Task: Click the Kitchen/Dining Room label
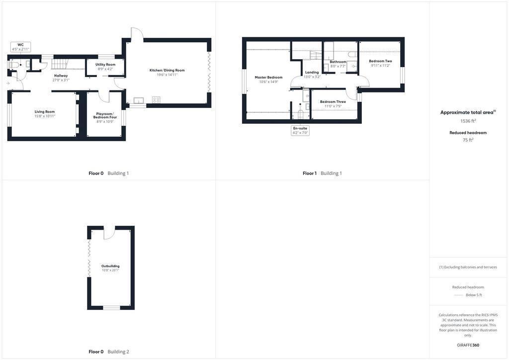[167, 70]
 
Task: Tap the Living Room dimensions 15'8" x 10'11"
[45, 116]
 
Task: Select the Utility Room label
[105, 65]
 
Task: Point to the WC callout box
[20, 47]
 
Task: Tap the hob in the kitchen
[156, 100]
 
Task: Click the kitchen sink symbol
[139, 100]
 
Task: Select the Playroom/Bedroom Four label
[105, 115]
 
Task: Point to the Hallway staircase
[60, 64]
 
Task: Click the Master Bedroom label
[268, 78]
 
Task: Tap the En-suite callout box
[300, 130]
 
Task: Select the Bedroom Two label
[380, 61]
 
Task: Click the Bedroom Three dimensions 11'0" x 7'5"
[333, 106]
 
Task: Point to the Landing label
[312, 73]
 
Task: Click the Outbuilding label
[110, 266]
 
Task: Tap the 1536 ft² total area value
[468, 121]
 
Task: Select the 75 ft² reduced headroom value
[468, 140]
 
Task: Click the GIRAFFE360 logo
[468, 345]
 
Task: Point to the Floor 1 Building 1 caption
[322, 174]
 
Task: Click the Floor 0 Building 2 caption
[109, 352]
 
